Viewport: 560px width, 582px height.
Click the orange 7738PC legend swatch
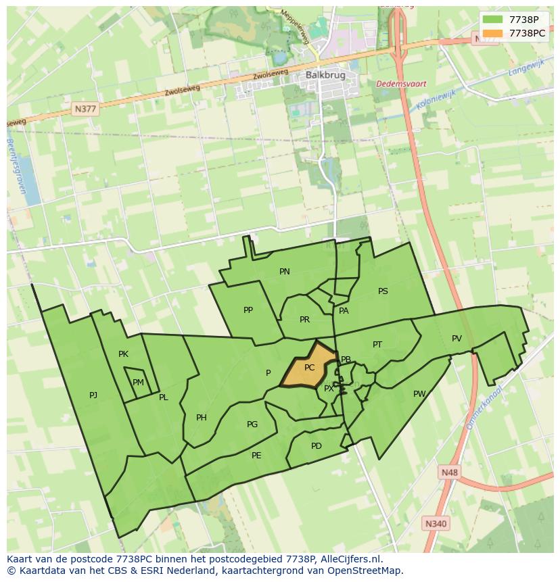[x=493, y=33]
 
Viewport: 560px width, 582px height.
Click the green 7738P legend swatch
[x=493, y=20]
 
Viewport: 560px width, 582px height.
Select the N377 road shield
[x=86, y=108]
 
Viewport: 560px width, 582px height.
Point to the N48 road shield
[x=448, y=472]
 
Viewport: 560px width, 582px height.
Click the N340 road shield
[x=436, y=523]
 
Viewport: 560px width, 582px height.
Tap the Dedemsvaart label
[x=401, y=84]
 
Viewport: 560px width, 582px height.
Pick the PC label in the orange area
[x=309, y=368]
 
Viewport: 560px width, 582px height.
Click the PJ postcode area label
[x=93, y=395]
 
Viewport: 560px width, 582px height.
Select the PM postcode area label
[x=138, y=383]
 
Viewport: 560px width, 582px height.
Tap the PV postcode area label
[x=457, y=339]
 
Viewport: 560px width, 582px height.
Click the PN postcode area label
[x=285, y=272]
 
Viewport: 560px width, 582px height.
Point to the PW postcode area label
[x=419, y=394]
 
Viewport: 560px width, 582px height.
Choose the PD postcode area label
[x=317, y=446]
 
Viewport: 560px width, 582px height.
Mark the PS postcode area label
[x=383, y=291]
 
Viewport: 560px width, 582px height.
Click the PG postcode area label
[x=252, y=425]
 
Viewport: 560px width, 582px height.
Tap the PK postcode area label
[x=123, y=354]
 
